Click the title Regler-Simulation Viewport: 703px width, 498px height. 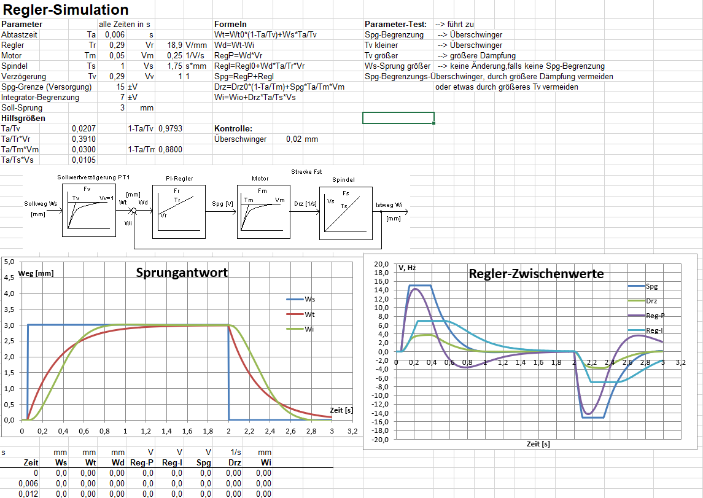pyautogui.click(x=66, y=10)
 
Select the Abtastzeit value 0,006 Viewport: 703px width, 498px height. pyautogui.click(x=114, y=35)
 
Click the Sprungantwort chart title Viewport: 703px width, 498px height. pyautogui.click(x=182, y=273)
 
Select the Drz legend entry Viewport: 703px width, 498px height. pyautogui.click(x=651, y=301)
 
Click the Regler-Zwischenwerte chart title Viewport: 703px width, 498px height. pyautogui.click(x=535, y=274)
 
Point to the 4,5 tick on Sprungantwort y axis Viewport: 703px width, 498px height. pyautogui.click(x=10, y=278)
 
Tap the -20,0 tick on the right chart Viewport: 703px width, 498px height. pyautogui.click(x=381, y=440)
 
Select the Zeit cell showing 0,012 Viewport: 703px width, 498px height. pyautogui.click(x=28, y=494)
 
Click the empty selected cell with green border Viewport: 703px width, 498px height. pyautogui.click(x=398, y=118)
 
